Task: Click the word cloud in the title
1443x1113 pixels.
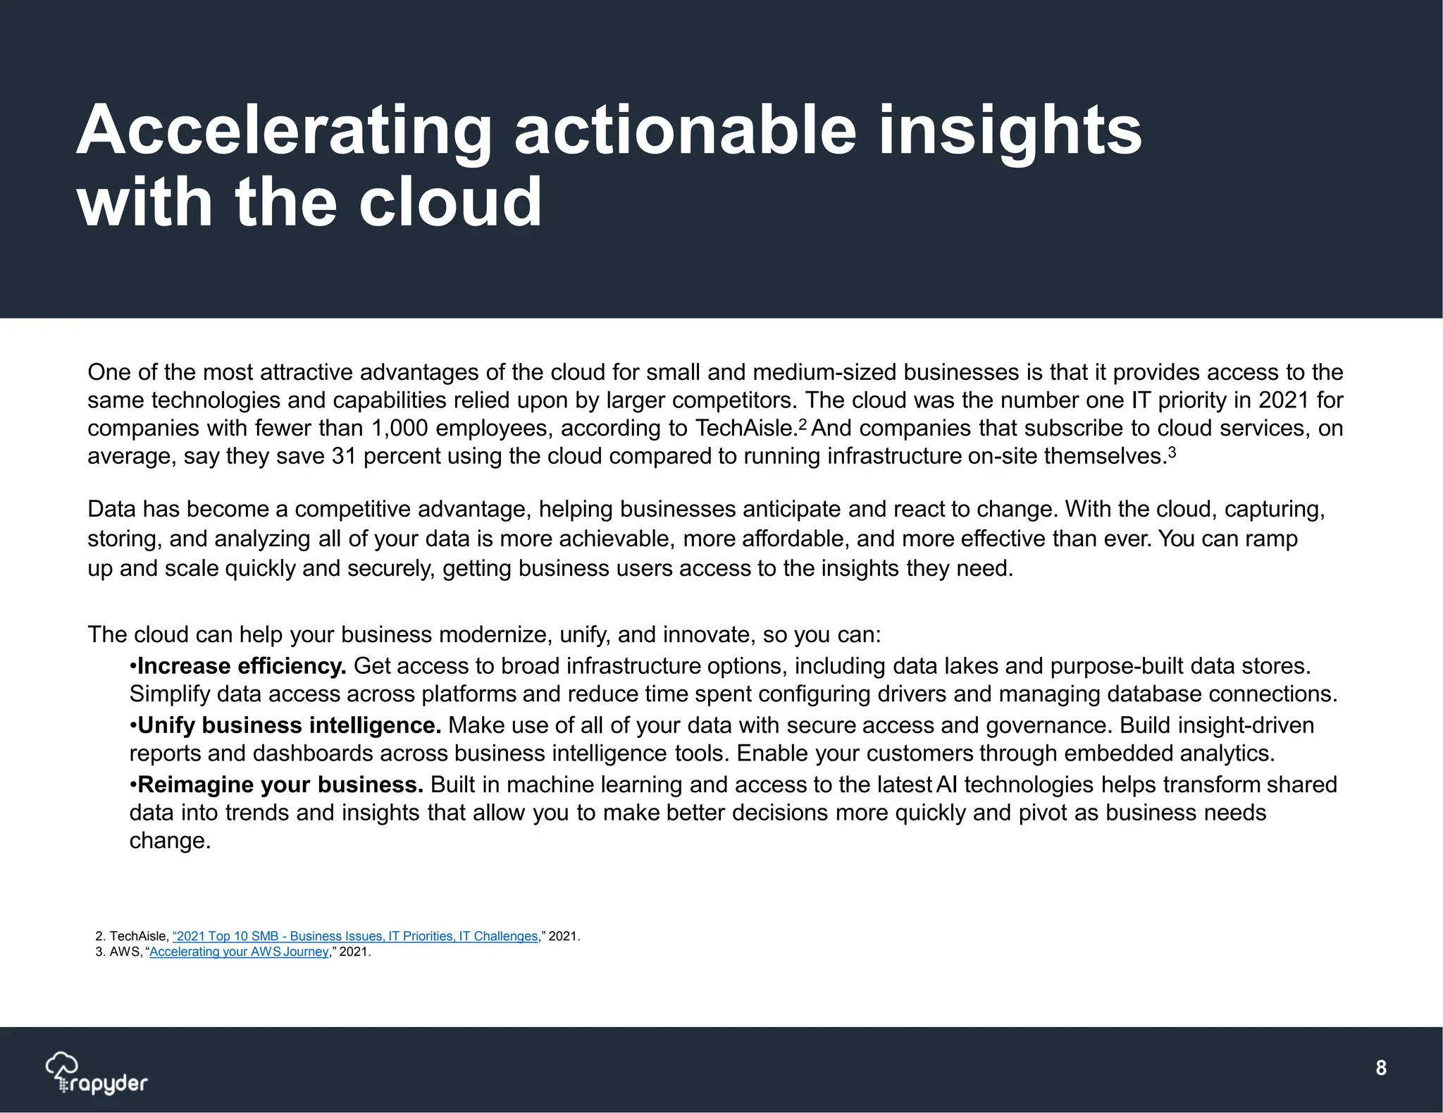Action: click(450, 202)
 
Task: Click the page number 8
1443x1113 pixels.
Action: click(1381, 1068)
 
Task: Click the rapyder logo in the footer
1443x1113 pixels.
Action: click(97, 1074)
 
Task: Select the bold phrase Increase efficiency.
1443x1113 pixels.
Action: click(242, 666)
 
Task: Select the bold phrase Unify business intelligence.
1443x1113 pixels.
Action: click(290, 725)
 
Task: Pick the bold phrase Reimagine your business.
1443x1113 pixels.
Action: click(280, 785)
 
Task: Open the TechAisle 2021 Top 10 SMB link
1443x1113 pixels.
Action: click(355, 936)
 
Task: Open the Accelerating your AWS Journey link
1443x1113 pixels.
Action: click(239, 952)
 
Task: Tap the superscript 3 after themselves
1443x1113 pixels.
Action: click(1172, 453)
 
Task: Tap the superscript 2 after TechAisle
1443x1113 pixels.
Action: click(803, 425)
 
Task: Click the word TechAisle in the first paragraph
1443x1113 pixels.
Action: click(745, 429)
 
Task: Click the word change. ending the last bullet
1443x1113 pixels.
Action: click(170, 841)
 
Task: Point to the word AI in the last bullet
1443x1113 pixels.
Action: click(946, 785)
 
